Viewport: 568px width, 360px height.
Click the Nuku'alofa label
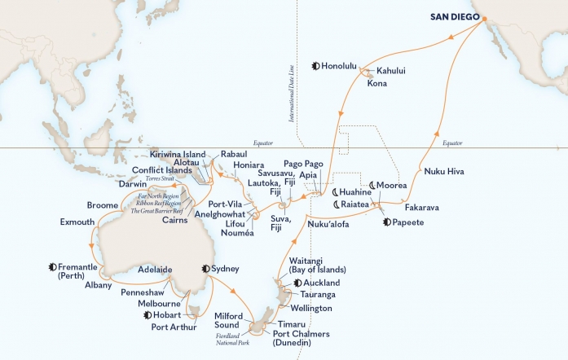(x=330, y=222)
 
